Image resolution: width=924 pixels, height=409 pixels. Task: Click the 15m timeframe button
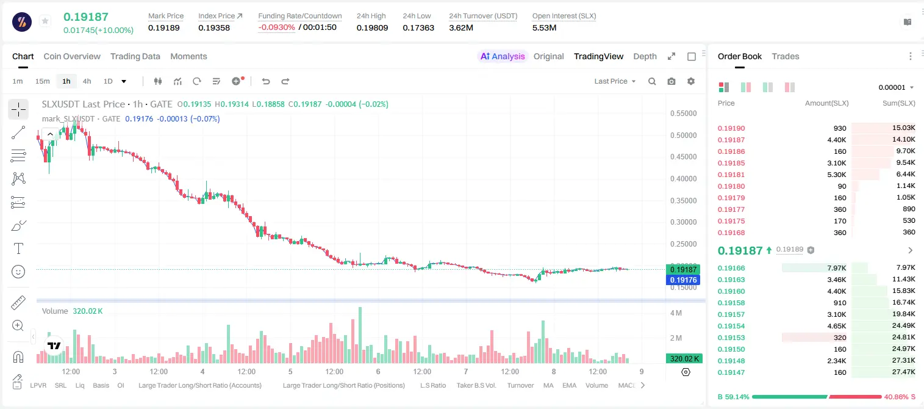43,81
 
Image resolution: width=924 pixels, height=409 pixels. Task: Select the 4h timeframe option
87,81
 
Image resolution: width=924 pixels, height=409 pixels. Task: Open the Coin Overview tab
72,56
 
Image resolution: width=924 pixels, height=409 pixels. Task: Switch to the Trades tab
785,56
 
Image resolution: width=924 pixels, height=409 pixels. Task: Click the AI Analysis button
503,56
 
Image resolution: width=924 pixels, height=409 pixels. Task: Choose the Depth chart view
645,56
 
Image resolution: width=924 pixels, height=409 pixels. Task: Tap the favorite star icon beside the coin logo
45,21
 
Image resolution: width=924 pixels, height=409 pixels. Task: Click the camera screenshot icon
671,81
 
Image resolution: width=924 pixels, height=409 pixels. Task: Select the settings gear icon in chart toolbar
691,81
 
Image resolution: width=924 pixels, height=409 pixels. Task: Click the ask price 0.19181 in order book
731,175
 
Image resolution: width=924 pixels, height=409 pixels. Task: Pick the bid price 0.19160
731,291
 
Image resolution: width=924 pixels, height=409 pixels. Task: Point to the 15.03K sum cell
903,128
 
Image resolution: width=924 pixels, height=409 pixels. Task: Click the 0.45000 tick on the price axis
684,157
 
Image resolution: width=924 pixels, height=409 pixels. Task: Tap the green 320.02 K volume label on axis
684,359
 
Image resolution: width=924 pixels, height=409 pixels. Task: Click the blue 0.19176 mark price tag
683,280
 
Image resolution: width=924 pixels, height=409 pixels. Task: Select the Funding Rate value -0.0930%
276,27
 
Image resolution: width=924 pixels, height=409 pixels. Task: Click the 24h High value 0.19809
372,27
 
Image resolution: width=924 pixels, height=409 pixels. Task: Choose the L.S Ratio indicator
432,385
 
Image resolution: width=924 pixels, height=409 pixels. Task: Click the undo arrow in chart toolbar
266,81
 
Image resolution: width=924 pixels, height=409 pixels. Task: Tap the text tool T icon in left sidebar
18,248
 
